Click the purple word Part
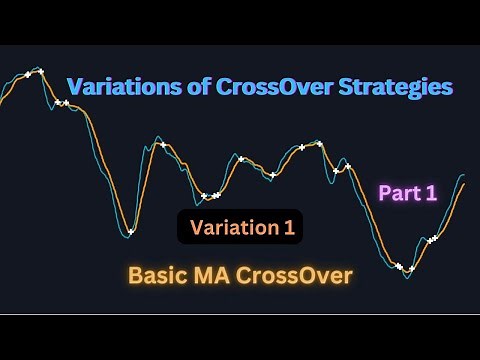(396, 194)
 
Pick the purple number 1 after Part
(431, 194)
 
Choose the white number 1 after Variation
(288, 227)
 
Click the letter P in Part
(383, 194)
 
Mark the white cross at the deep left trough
(131, 232)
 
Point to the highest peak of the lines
(40, 69)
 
